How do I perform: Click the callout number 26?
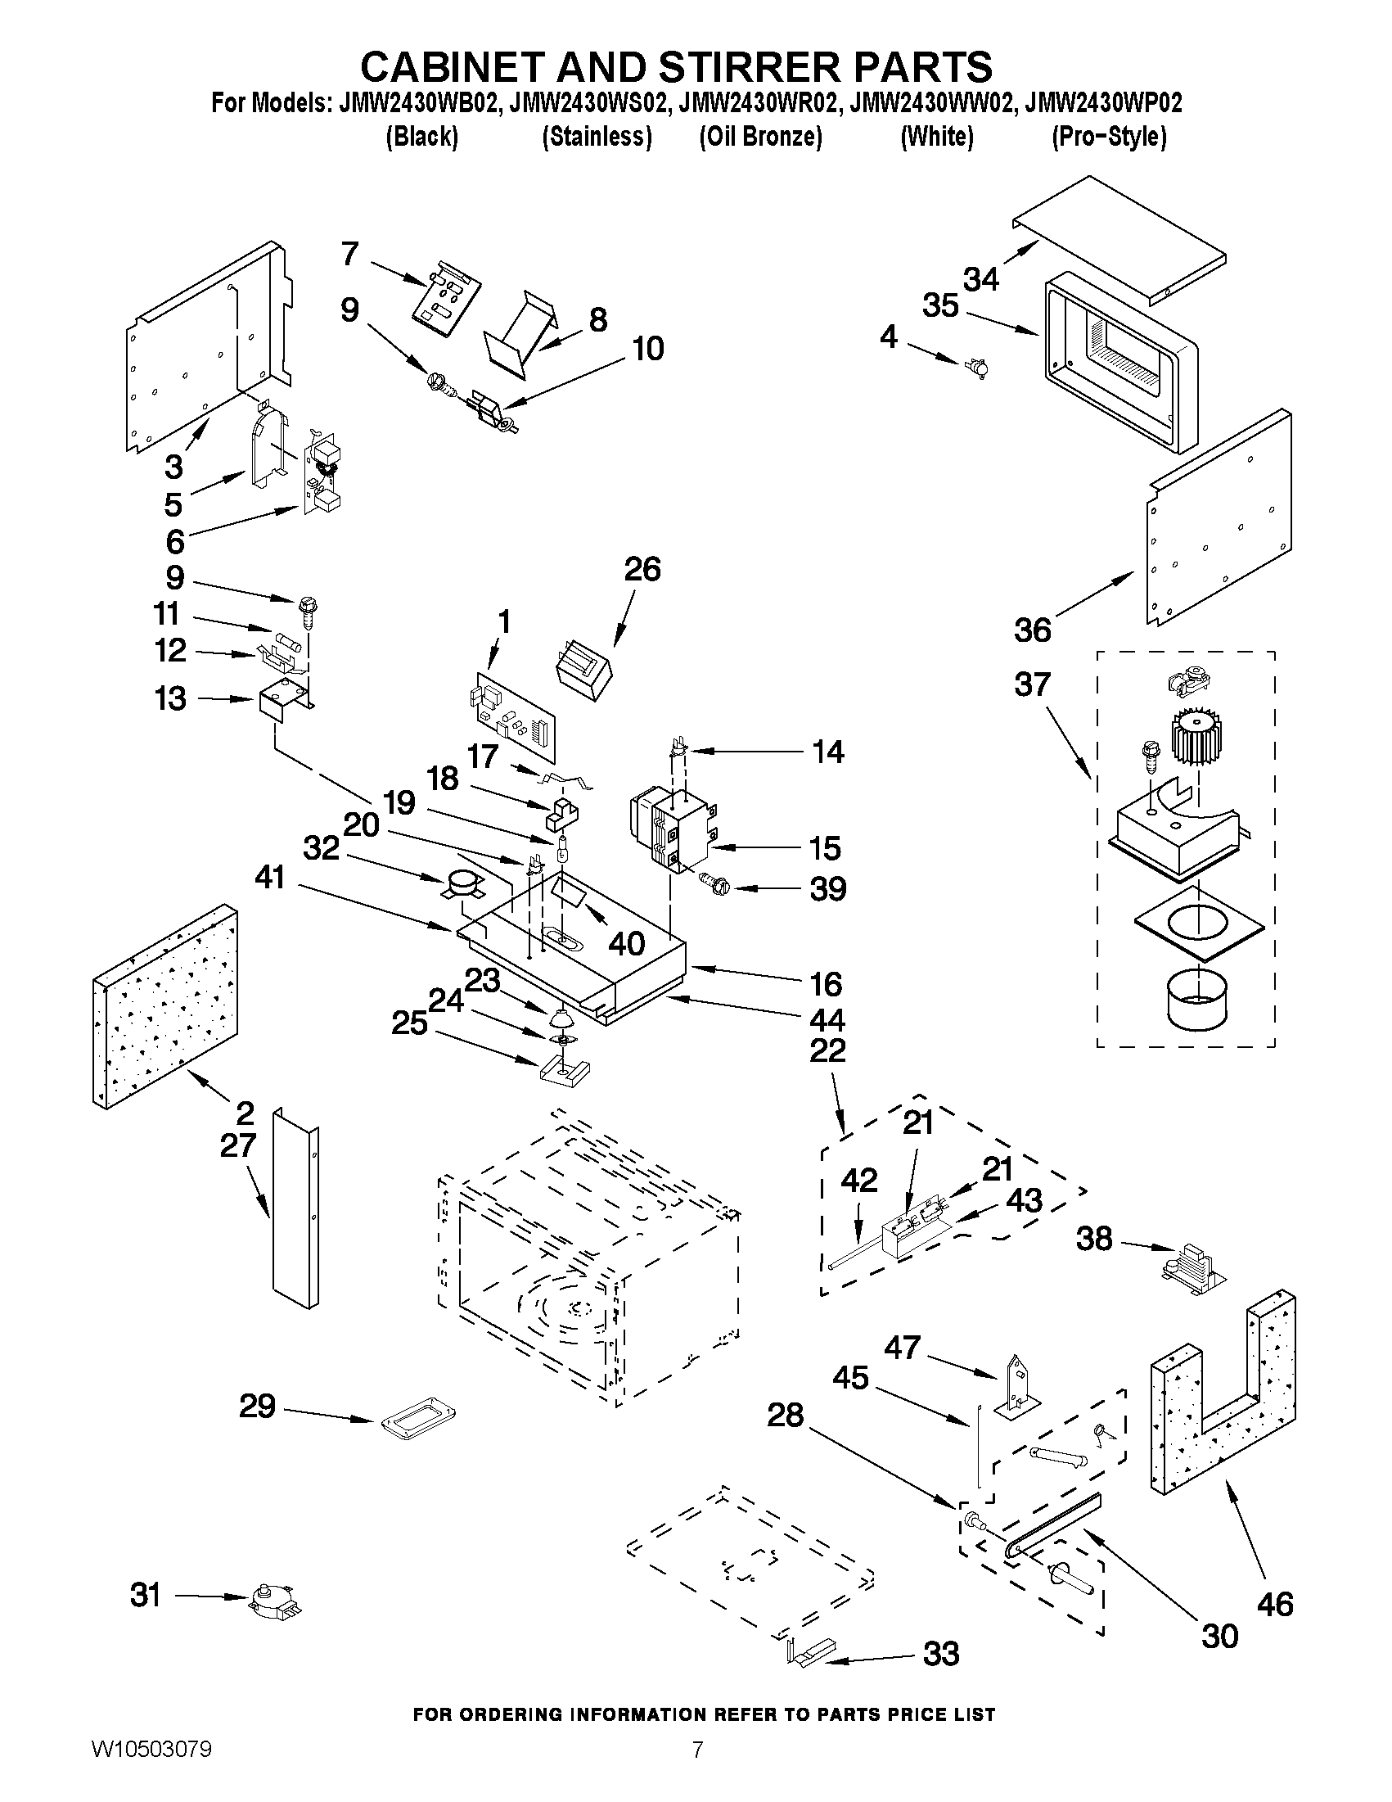pos(642,569)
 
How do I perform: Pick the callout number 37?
pos(1033,684)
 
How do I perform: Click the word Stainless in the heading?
pos(597,137)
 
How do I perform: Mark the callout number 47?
pos(901,1347)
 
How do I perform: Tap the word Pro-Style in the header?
pos(1108,137)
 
